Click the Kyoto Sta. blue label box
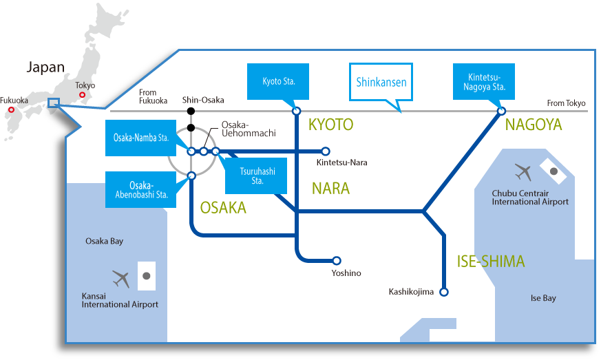(279, 82)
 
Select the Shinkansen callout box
(381, 83)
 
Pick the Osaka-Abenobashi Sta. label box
(140, 190)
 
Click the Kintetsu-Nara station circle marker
(326, 151)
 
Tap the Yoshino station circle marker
(337, 261)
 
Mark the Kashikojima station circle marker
(444, 292)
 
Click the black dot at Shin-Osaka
(191, 111)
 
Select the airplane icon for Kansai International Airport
(121, 279)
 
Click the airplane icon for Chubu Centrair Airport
(523, 171)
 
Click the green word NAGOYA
(534, 125)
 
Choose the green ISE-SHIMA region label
(491, 262)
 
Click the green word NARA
(330, 189)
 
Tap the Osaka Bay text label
(105, 242)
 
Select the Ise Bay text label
(543, 298)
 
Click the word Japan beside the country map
(45, 67)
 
